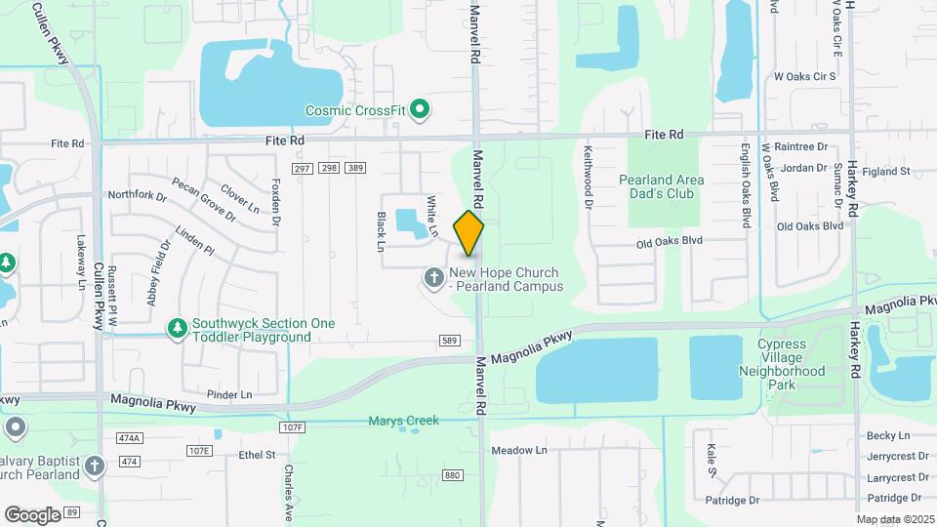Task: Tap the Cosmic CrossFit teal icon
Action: click(420, 109)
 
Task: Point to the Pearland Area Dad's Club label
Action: click(662, 186)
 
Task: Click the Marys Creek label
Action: click(403, 422)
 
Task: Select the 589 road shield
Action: click(449, 340)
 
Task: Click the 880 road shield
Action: click(451, 475)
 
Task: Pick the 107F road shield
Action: click(292, 427)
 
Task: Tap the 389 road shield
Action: click(355, 169)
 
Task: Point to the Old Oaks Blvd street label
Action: click(669, 241)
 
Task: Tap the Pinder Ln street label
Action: click(229, 395)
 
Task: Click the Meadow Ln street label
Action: click(518, 450)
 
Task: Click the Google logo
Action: click(32, 514)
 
